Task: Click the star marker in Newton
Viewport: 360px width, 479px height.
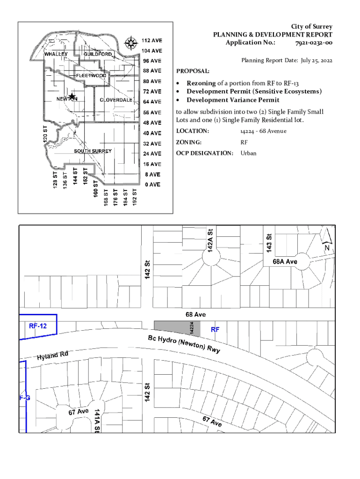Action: tap(72, 97)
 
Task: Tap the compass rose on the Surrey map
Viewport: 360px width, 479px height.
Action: tap(131, 43)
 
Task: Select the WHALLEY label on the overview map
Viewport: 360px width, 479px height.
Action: tap(56, 54)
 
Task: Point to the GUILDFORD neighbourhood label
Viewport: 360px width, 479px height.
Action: tap(98, 54)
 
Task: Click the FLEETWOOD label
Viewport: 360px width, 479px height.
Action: tap(91, 75)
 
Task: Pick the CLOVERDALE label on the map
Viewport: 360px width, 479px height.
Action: tap(116, 100)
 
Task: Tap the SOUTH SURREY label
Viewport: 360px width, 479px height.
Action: tap(93, 151)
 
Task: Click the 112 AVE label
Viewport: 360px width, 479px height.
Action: tap(152, 40)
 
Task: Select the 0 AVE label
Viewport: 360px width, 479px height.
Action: tap(153, 184)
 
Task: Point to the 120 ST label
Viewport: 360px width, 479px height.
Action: tap(45, 134)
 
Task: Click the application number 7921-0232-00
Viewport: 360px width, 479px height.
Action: tap(314, 43)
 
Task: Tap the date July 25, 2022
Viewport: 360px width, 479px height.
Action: tap(317, 60)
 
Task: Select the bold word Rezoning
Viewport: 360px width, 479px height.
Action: tap(201, 83)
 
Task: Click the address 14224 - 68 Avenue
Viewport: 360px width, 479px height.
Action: tap(263, 131)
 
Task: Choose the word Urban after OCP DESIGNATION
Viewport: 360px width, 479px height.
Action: tap(248, 153)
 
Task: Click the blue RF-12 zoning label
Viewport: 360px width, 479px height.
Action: tap(38, 326)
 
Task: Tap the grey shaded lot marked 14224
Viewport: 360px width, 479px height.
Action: tap(177, 328)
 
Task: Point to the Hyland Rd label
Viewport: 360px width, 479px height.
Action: tap(52, 356)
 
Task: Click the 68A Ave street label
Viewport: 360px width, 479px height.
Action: tap(285, 261)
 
